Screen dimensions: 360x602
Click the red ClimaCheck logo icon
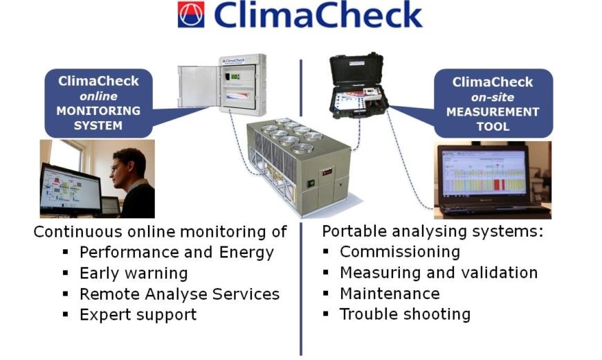click(192, 15)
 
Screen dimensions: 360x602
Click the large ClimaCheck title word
click(318, 15)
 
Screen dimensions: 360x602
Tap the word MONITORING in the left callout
click(98, 111)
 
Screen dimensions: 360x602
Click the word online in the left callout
click(98, 96)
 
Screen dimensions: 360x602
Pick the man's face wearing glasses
click(125, 167)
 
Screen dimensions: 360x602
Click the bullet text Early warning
click(133, 273)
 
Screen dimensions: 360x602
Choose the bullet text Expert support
click(138, 314)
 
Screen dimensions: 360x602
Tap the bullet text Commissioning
click(399, 252)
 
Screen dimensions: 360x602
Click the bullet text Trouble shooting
click(405, 314)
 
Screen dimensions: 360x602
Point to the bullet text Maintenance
click(390, 294)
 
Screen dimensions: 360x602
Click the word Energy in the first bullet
click(247, 253)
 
